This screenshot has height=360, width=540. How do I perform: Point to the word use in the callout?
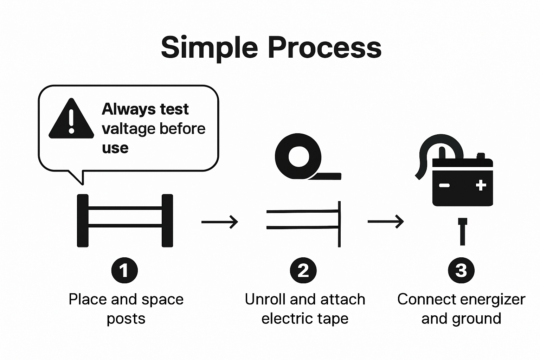click(x=115, y=148)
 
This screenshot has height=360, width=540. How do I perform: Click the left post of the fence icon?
click(x=83, y=220)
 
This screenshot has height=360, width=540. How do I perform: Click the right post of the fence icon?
click(x=167, y=220)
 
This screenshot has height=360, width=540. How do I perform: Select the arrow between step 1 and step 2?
click(x=220, y=222)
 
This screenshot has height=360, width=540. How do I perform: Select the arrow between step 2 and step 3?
click(x=386, y=221)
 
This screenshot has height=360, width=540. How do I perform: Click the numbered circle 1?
click(x=124, y=270)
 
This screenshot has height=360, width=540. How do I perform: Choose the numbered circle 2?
click(x=303, y=270)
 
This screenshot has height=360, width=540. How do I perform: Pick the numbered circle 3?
click(x=461, y=270)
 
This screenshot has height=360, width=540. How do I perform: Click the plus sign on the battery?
click(x=481, y=185)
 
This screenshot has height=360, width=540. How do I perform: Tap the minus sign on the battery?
click(x=444, y=185)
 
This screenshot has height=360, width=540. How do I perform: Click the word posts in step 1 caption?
click(x=126, y=319)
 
